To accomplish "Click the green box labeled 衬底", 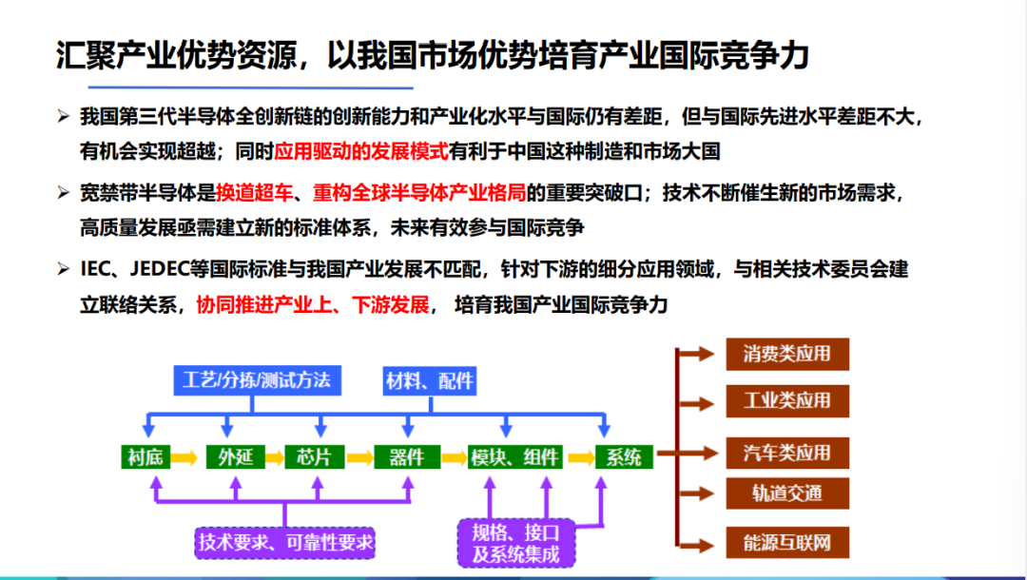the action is (x=145, y=457).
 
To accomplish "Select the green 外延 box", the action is (x=236, y=457).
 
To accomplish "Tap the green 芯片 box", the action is (x=315, y=457).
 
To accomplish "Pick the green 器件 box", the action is (x=407, y=457).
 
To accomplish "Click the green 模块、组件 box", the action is (x=514, y=457).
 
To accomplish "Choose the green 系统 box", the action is (x=624, y=457).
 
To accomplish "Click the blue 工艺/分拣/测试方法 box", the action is (x=258, y=380).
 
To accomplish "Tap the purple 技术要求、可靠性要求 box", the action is (x=285, y=543).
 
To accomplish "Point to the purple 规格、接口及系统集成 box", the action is (x=516, y=543).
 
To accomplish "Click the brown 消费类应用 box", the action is (x=787, y=354).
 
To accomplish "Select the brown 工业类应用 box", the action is (x=787, y=400).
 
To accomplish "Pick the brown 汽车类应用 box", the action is (x=787, y=453).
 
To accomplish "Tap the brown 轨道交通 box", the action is (x=787, y=493).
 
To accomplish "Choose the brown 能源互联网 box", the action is (x=787, y=543).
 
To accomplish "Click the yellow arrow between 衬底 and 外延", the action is (x=184, y=457).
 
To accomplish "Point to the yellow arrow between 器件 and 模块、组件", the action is (x=454, y=457).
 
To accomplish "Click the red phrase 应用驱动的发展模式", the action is (x=361, y=152).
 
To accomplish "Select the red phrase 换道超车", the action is (x=254, y=193).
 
